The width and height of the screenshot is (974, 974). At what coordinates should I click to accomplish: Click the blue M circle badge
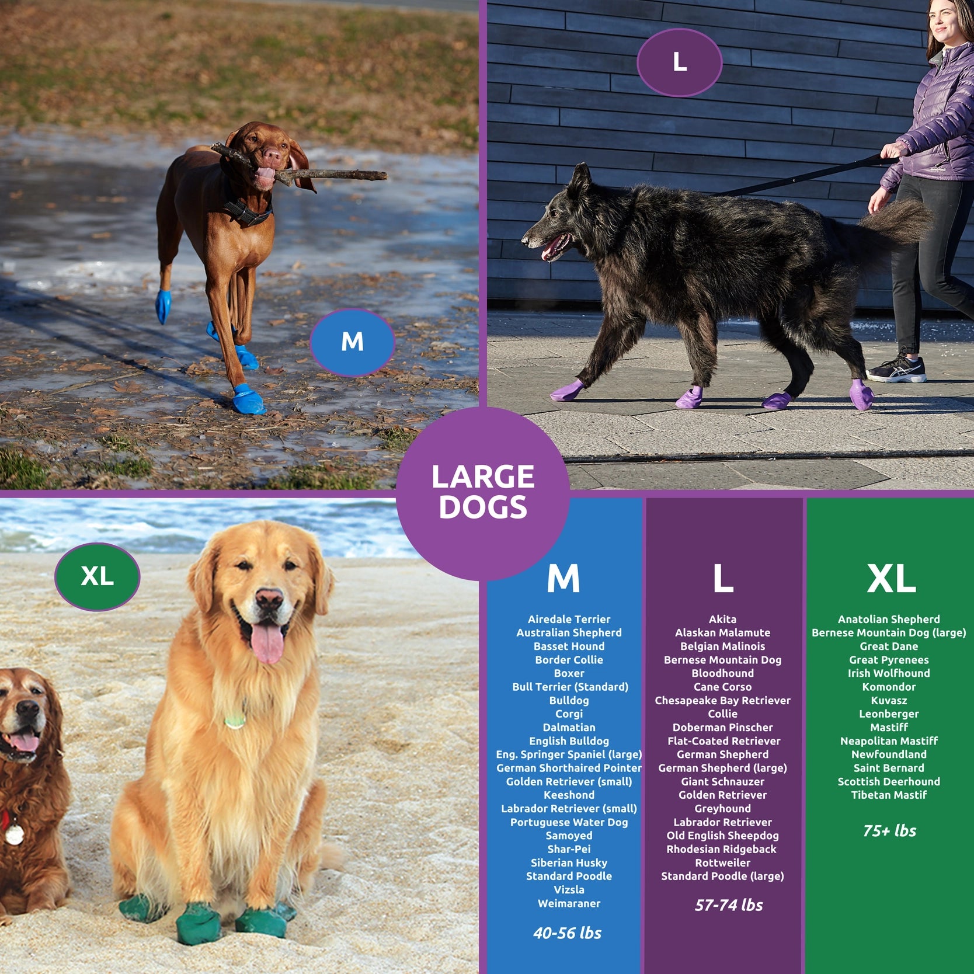click(x=352, y=342)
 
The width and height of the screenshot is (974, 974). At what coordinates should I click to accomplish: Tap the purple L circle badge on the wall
click(x=679, y=62)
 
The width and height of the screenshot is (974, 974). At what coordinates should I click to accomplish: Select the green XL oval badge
click(x=98, y=577)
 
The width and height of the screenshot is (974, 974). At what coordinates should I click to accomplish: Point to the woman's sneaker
click(x=896, y=367)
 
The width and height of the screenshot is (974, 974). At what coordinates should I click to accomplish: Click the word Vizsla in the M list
click(x=569, y=890)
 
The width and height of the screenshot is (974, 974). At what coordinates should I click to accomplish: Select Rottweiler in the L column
click(x=722, y=863)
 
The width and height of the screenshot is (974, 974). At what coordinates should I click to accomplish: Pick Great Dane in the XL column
click(x=889, y=646)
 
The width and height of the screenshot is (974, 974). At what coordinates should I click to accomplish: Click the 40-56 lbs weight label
click(x=567, y=933)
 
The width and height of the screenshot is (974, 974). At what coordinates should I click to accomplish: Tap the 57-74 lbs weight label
click(x=729, y=905)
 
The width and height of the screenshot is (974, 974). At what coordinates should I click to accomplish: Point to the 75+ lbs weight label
click(x=889, y=831)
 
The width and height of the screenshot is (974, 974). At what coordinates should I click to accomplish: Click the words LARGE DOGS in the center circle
click(x=483, y=492)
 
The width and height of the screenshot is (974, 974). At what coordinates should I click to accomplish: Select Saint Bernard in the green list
click(x=889, y=768)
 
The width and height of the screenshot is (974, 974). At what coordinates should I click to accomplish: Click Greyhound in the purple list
click(x=722, y=809)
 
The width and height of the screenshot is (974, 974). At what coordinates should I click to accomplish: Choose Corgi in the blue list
click(x=569, y=714)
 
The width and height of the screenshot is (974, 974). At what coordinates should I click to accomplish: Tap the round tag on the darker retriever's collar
click(x=13, y=834)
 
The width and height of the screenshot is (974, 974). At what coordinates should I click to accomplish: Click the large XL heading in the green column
click(x=891, y=579)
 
